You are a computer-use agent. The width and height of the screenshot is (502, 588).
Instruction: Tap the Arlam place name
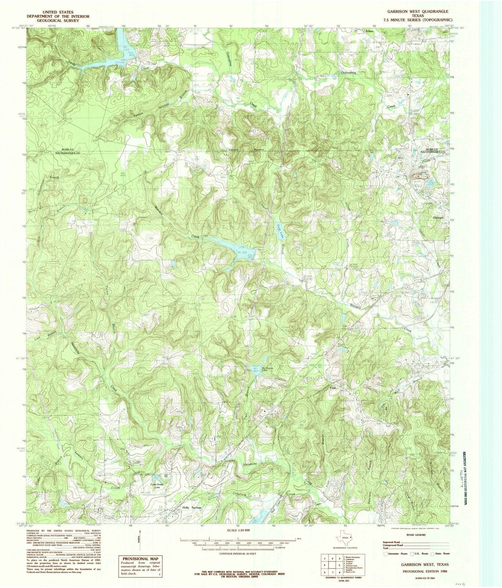(x=369, y=31)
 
